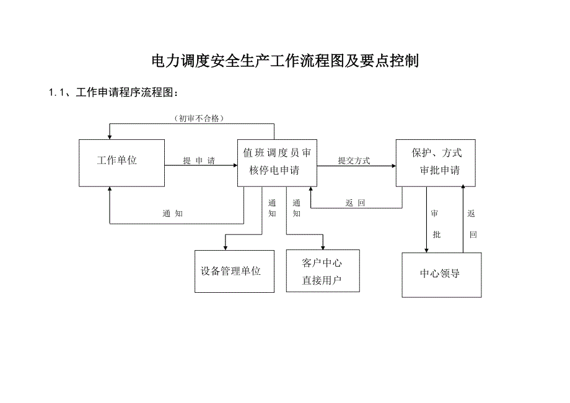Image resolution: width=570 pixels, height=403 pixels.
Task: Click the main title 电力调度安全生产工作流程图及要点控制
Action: pos(286,61)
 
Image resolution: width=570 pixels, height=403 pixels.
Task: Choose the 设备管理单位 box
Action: pos(234,271)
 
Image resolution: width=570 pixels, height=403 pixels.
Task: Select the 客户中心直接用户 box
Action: pos(322,271)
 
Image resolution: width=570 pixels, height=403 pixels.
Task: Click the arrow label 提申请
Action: pos(199,161)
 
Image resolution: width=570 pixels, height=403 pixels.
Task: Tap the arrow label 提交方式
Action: pos(354,160)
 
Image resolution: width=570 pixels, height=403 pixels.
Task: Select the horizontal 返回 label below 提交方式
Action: pos(356,202)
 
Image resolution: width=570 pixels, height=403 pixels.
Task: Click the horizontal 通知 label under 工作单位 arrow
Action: pos(172,214)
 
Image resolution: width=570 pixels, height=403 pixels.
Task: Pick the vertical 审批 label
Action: pos(436,224)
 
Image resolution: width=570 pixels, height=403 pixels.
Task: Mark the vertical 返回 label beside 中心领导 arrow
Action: pos(472,224)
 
